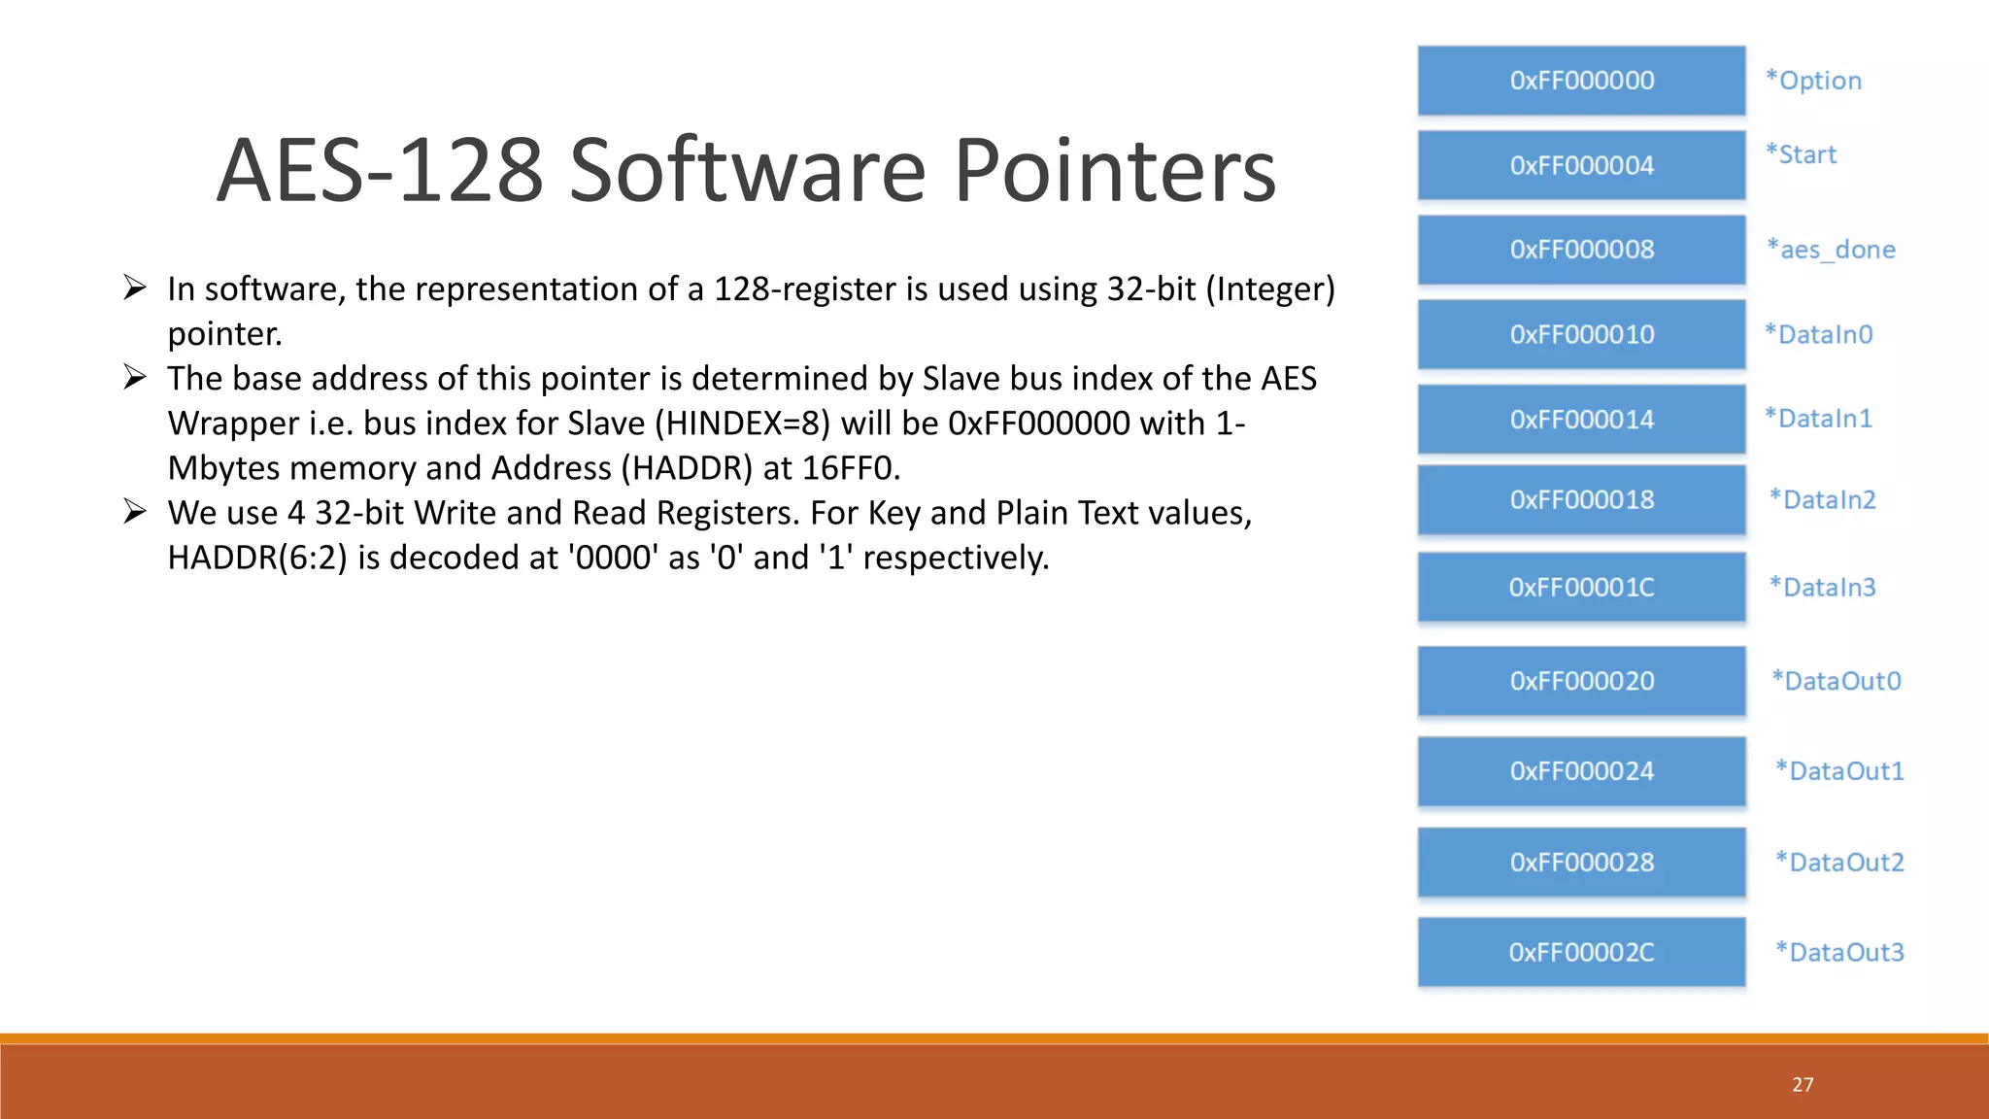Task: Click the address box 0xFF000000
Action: tap(1581, 81)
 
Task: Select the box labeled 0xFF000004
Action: tap(1581, 165)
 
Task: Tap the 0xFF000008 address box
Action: tap(1581, 250)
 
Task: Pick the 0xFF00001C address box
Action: tap(1581, 588)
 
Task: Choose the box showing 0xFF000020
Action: tap(1581, 681)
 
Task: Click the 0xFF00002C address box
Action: tap(1581, 953)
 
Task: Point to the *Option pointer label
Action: tap(1813, 81)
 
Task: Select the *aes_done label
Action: tap(1831, 250)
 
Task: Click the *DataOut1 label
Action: tap(1839, 771)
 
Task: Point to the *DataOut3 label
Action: tap(1839, 953)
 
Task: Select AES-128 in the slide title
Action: tap(379, 171)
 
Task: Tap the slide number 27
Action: tap(1803, 1085)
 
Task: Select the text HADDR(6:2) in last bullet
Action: tap(256, 558)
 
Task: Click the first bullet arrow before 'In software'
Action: tap(135, 288)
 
